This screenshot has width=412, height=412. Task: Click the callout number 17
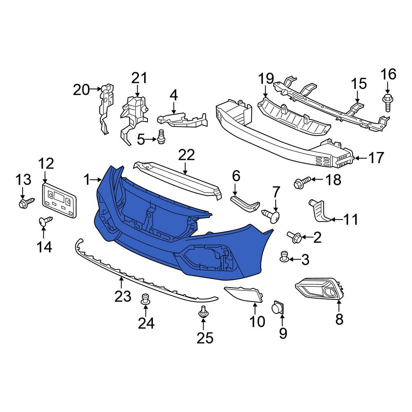(x=376, y=158)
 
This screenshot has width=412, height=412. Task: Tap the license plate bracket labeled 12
(x=59, y=201)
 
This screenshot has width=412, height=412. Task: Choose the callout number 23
(x=123, y=296)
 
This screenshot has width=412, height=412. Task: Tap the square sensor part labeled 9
(x=278, y=307)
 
